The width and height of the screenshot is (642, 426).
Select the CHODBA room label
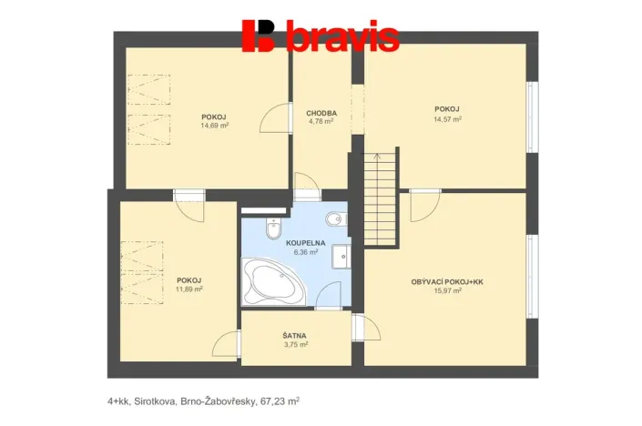pos(321,114)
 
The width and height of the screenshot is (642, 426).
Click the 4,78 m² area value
pos(321,122)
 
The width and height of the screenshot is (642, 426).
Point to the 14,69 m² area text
pos(214,126)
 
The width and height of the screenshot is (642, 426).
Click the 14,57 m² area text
pos(447,118)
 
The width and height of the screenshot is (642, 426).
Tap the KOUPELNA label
pos(300,244)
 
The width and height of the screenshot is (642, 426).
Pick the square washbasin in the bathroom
pos(340,258)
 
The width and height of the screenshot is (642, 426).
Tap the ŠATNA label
pos(294,336)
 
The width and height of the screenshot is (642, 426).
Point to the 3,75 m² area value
pos(295,345)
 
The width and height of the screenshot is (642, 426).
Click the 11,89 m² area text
pos(189,289)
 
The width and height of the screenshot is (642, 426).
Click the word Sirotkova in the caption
pos(157,400)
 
